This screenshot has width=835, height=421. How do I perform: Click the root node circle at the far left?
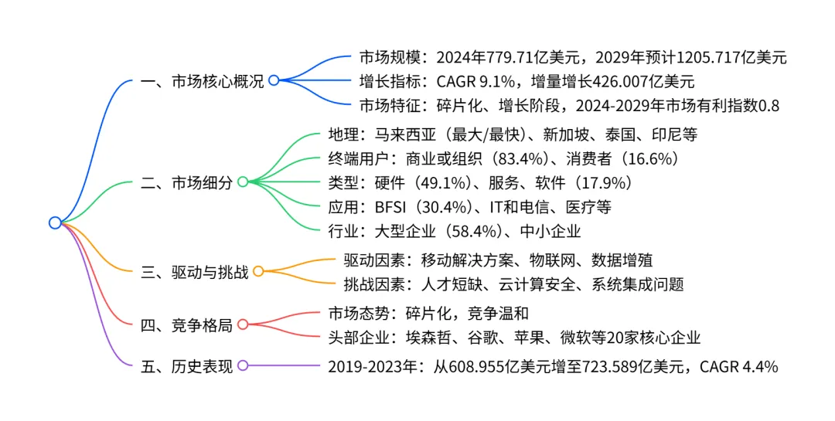pyautogui.click(x=55, y=222)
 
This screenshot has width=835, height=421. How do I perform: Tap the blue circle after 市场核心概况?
pyautogui.click(x=273, y=80)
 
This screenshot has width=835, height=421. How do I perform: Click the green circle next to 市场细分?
pyautogui.click(x=242, y=182)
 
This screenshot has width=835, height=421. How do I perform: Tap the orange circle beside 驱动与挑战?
pyautogui.click(x=258, y=272)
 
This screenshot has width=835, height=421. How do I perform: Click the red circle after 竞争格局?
pyautogui.click(x=242, y=325)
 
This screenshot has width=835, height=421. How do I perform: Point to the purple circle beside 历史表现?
pyautogui.click(x=242, y=366)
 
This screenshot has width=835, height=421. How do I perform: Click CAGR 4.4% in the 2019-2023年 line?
pyautogui.click(x=738, y=366)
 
